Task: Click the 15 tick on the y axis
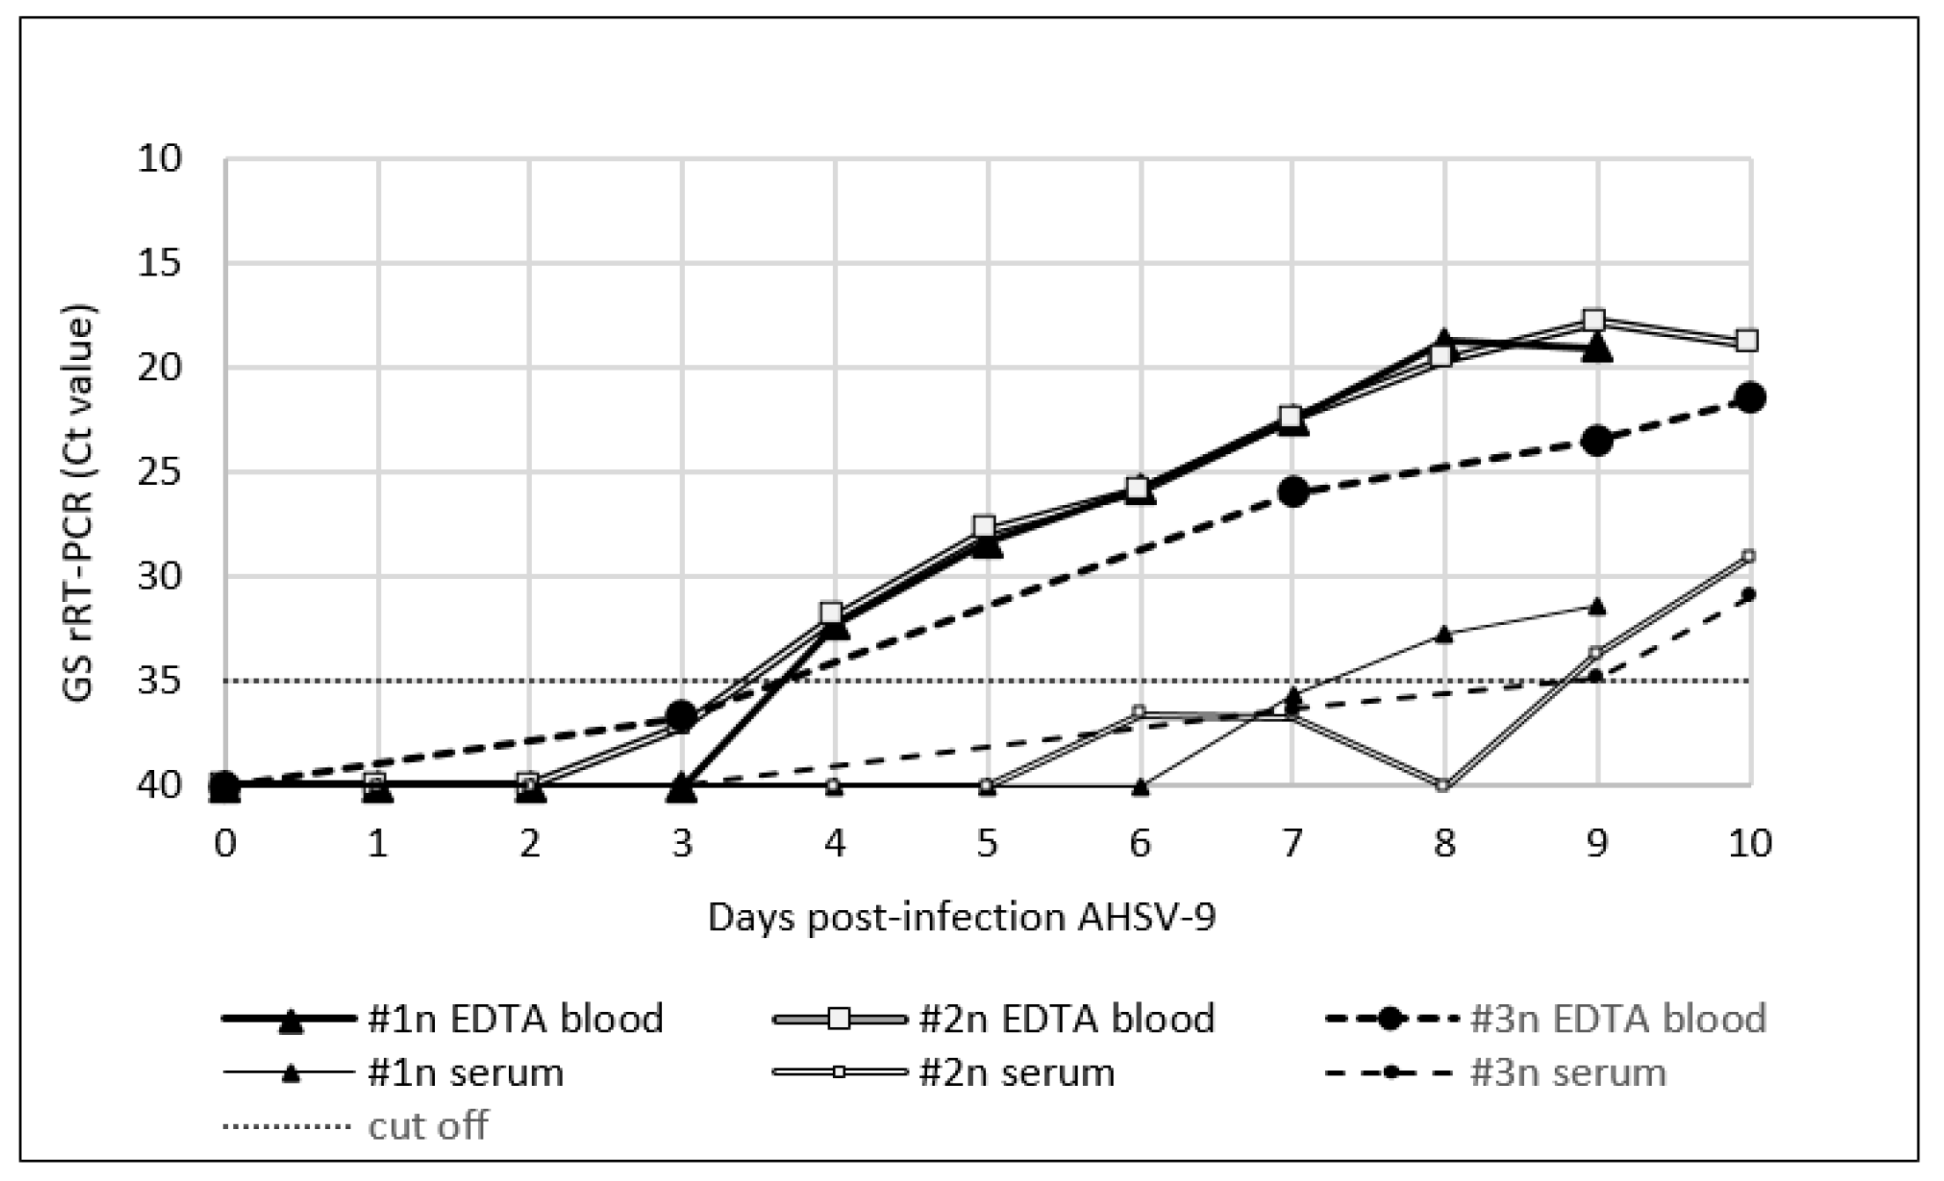[x=159, y=263]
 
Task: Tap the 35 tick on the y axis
[x=159, y=681]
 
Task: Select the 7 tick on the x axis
[x=1292, y=844]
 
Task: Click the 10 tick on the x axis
[x=1749, y=844]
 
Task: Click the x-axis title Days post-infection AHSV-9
[x=961, y=918]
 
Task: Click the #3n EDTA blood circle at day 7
[x=1292, y=493]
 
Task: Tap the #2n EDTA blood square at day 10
[x=1747, y=341]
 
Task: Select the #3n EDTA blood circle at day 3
[x=682, y=716]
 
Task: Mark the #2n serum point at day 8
[x=1443, y=785]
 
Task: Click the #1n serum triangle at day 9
[x=1597, y=606]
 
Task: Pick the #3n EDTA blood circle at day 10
[x=1749, y=398]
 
